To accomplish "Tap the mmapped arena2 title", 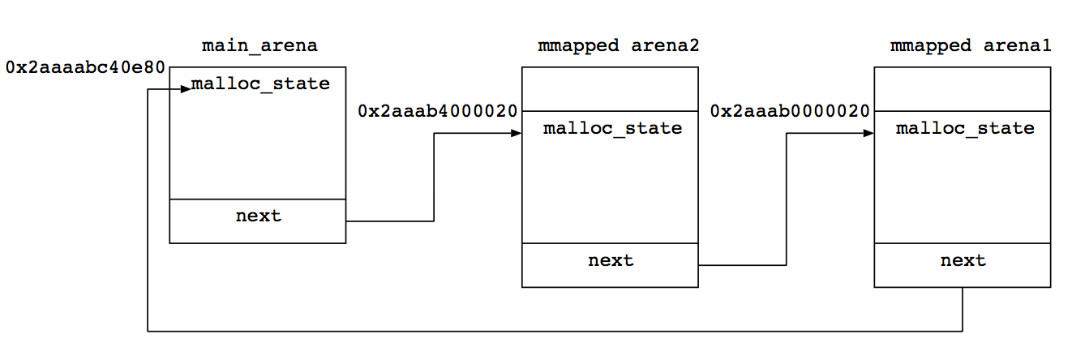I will point(619,45).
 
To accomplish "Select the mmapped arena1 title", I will point(971,45).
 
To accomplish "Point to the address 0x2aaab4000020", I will point(437,111).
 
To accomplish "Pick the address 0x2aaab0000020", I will point(790,111).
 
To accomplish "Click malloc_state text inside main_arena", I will point(260,84).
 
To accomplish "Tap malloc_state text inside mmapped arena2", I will point(612,128).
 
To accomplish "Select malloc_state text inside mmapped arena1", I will point(965,128).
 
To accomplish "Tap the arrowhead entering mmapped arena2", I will point(516,134).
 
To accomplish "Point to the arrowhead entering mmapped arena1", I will point(868,134).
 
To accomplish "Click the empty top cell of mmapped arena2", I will point(610,89).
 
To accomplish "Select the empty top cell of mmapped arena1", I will point(963,89).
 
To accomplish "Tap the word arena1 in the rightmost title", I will point(1017,45).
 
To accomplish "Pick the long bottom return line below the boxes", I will point(555,331).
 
